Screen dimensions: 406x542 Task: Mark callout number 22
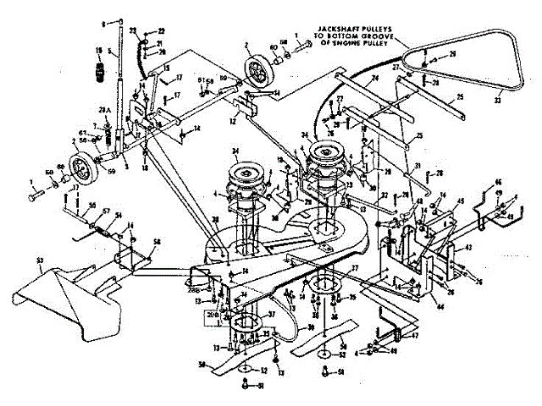(162, 31)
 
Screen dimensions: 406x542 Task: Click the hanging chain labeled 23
(135, 51)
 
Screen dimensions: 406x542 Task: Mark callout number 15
(166, 68)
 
